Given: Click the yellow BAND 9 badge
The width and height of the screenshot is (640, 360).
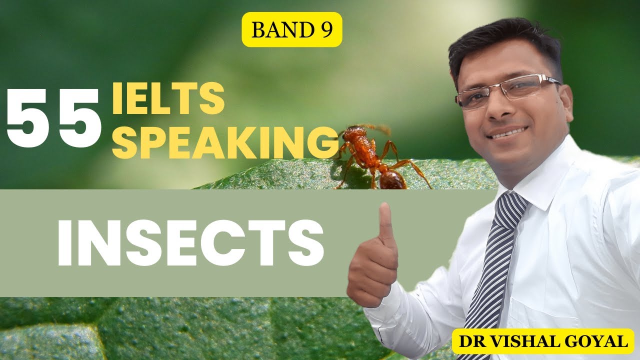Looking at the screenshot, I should click(x=292, y=29).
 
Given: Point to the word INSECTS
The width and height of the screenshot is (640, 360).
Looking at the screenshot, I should click(x=190, y=243).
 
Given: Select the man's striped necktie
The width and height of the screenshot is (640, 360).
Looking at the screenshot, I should click(x=495, y=265).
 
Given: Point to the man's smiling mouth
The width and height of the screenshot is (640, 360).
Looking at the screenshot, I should click(x=507, y=132).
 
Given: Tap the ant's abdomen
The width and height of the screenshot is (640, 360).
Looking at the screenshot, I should click(x=393, y=179).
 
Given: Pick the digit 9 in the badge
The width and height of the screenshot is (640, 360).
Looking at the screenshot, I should click(x=327, y=30).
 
